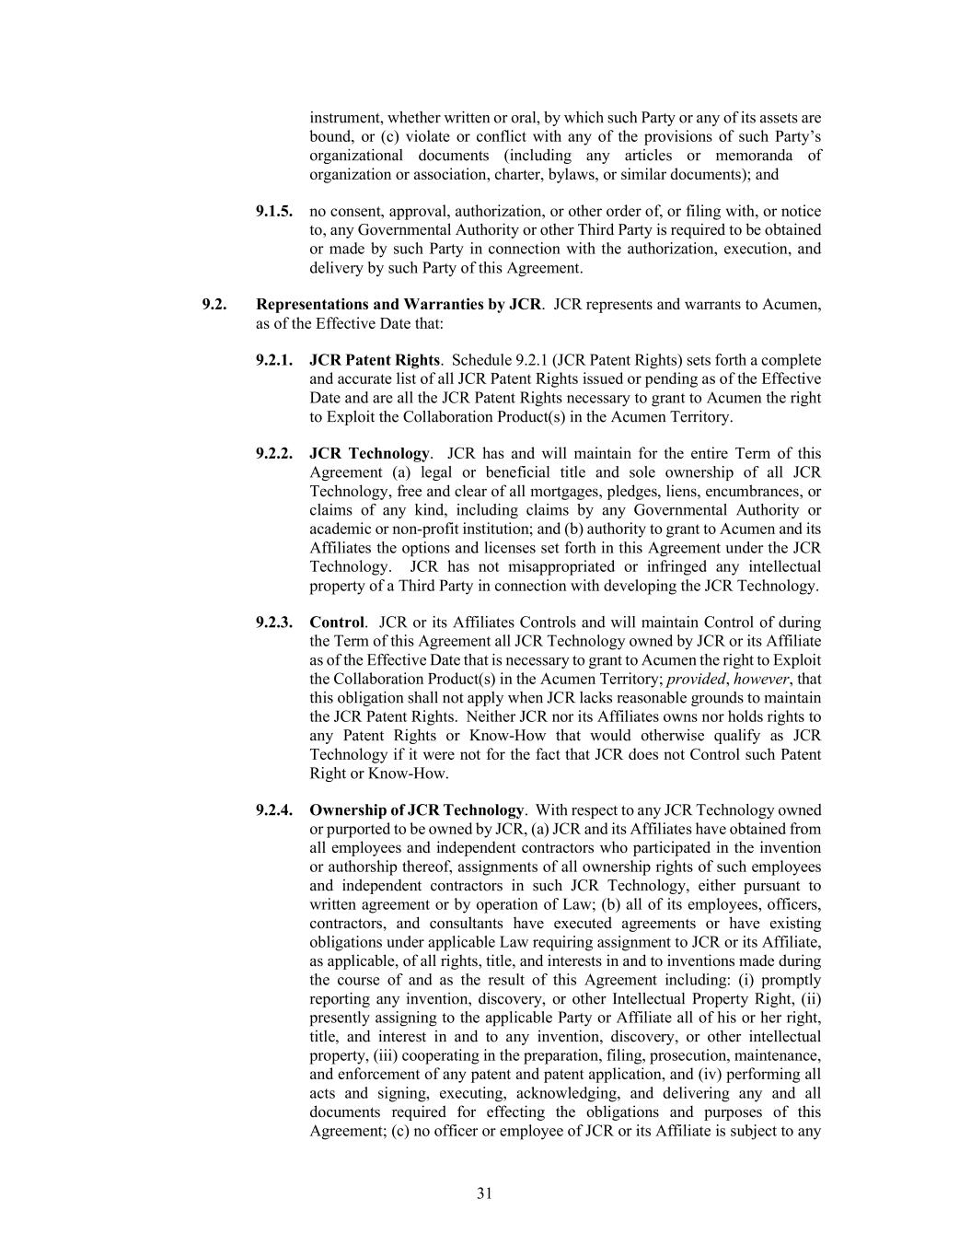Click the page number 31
coord(485,1193)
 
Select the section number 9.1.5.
coord(274,212)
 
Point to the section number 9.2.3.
coord(274,623)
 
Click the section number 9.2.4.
coord(274,810)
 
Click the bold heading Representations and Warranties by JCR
coord(399,305)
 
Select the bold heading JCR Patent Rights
coord(375,360)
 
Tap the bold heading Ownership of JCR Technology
coord(416,810)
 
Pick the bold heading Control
coord(337,623)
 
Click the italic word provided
coord(696,679)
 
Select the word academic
coord(341,529)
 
